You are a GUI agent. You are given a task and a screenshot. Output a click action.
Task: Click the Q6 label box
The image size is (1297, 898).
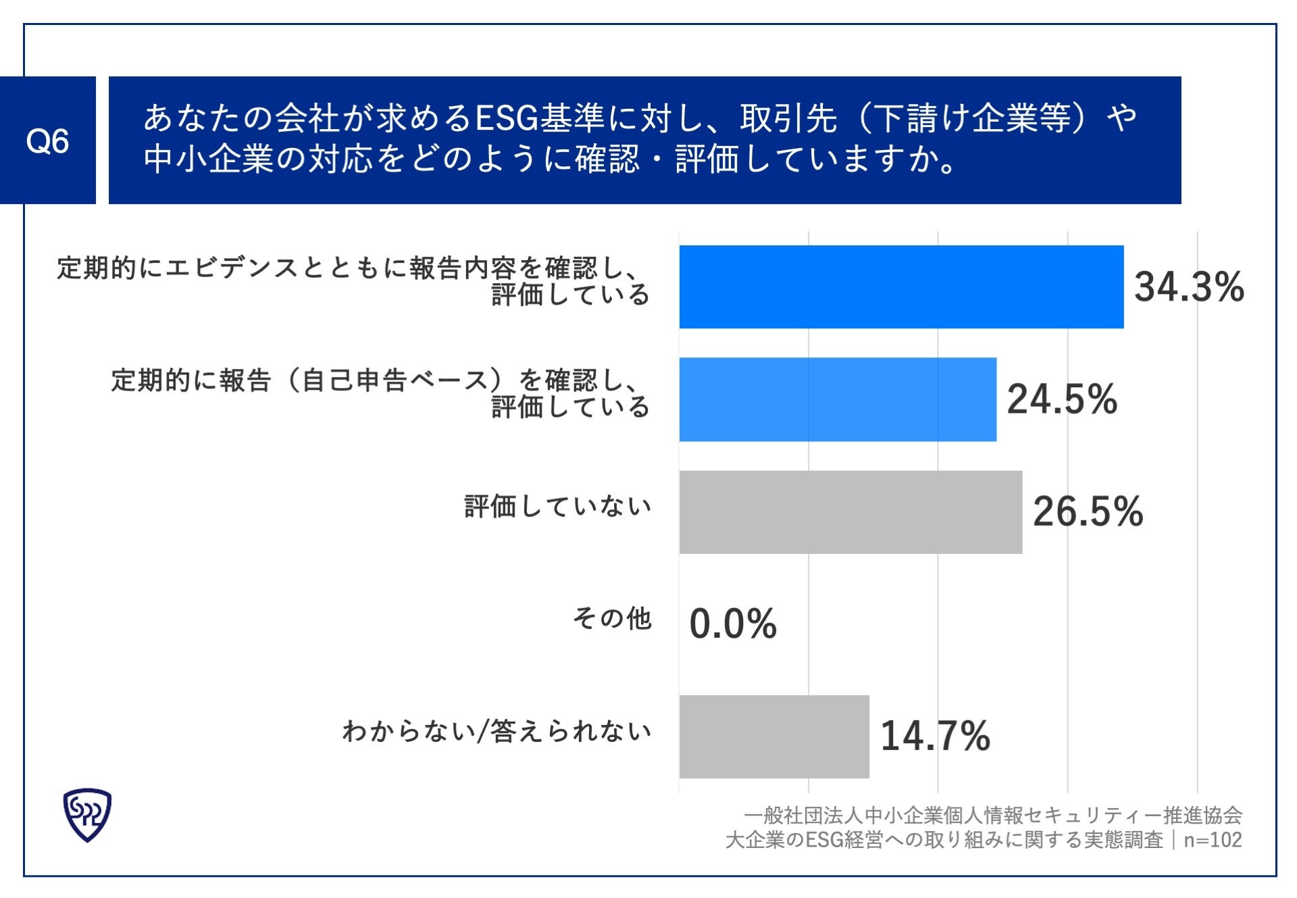[x=47, y=141]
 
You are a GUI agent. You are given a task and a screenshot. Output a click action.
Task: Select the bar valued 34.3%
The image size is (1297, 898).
[x=901, y=287]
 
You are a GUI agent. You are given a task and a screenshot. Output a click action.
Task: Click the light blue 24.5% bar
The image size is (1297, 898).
[x=838, y=399]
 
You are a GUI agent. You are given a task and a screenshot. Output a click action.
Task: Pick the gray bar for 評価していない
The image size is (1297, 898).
[x=850, y=512]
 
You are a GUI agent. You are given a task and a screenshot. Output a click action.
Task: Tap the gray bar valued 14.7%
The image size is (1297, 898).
[x=774, y=737]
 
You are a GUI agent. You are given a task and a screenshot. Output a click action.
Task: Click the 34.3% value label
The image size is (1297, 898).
[x=1189, y=287]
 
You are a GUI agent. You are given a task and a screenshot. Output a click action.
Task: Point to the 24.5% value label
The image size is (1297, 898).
[x=1062, y=399]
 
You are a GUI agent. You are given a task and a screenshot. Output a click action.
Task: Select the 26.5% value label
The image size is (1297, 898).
[x=1088, y=512]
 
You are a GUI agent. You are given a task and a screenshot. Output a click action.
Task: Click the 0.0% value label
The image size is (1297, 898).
[x=733, y=624]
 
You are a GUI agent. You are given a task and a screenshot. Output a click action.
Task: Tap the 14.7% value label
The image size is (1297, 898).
[x=935, y=737]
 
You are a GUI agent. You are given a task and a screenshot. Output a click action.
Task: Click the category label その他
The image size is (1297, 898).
[x=612, y=618]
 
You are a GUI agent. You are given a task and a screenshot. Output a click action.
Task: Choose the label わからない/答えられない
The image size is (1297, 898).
[x=497, y=731]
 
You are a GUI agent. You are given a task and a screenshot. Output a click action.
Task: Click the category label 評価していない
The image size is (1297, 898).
[x=557, y=506]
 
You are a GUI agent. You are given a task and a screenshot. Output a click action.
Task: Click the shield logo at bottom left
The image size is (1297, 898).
[x=87, y=815]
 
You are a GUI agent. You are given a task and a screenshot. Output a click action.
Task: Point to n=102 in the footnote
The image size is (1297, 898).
[x=1213, y=840]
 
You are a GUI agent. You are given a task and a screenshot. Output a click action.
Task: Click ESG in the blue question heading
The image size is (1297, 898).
[x=506, y=118]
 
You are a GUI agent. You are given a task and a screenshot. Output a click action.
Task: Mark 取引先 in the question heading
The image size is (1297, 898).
[x=788, y=118]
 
